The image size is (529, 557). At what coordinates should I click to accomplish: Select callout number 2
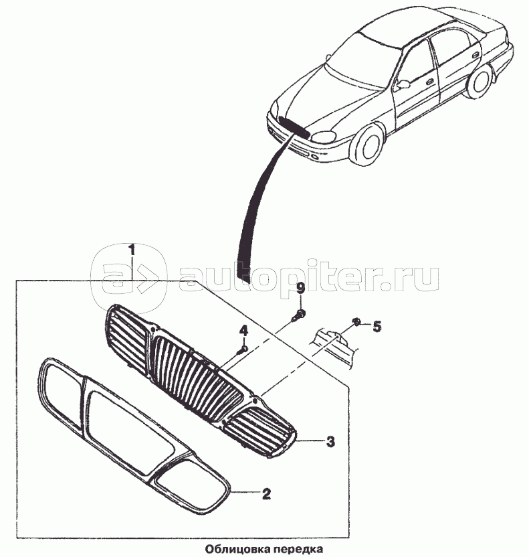pyautogui.click(x=266, y=495)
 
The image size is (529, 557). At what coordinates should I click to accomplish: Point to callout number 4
pyautogui.click(x=243, y=330)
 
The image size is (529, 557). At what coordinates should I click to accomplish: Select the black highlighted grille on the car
pyautogui.click(x=294, y=126)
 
